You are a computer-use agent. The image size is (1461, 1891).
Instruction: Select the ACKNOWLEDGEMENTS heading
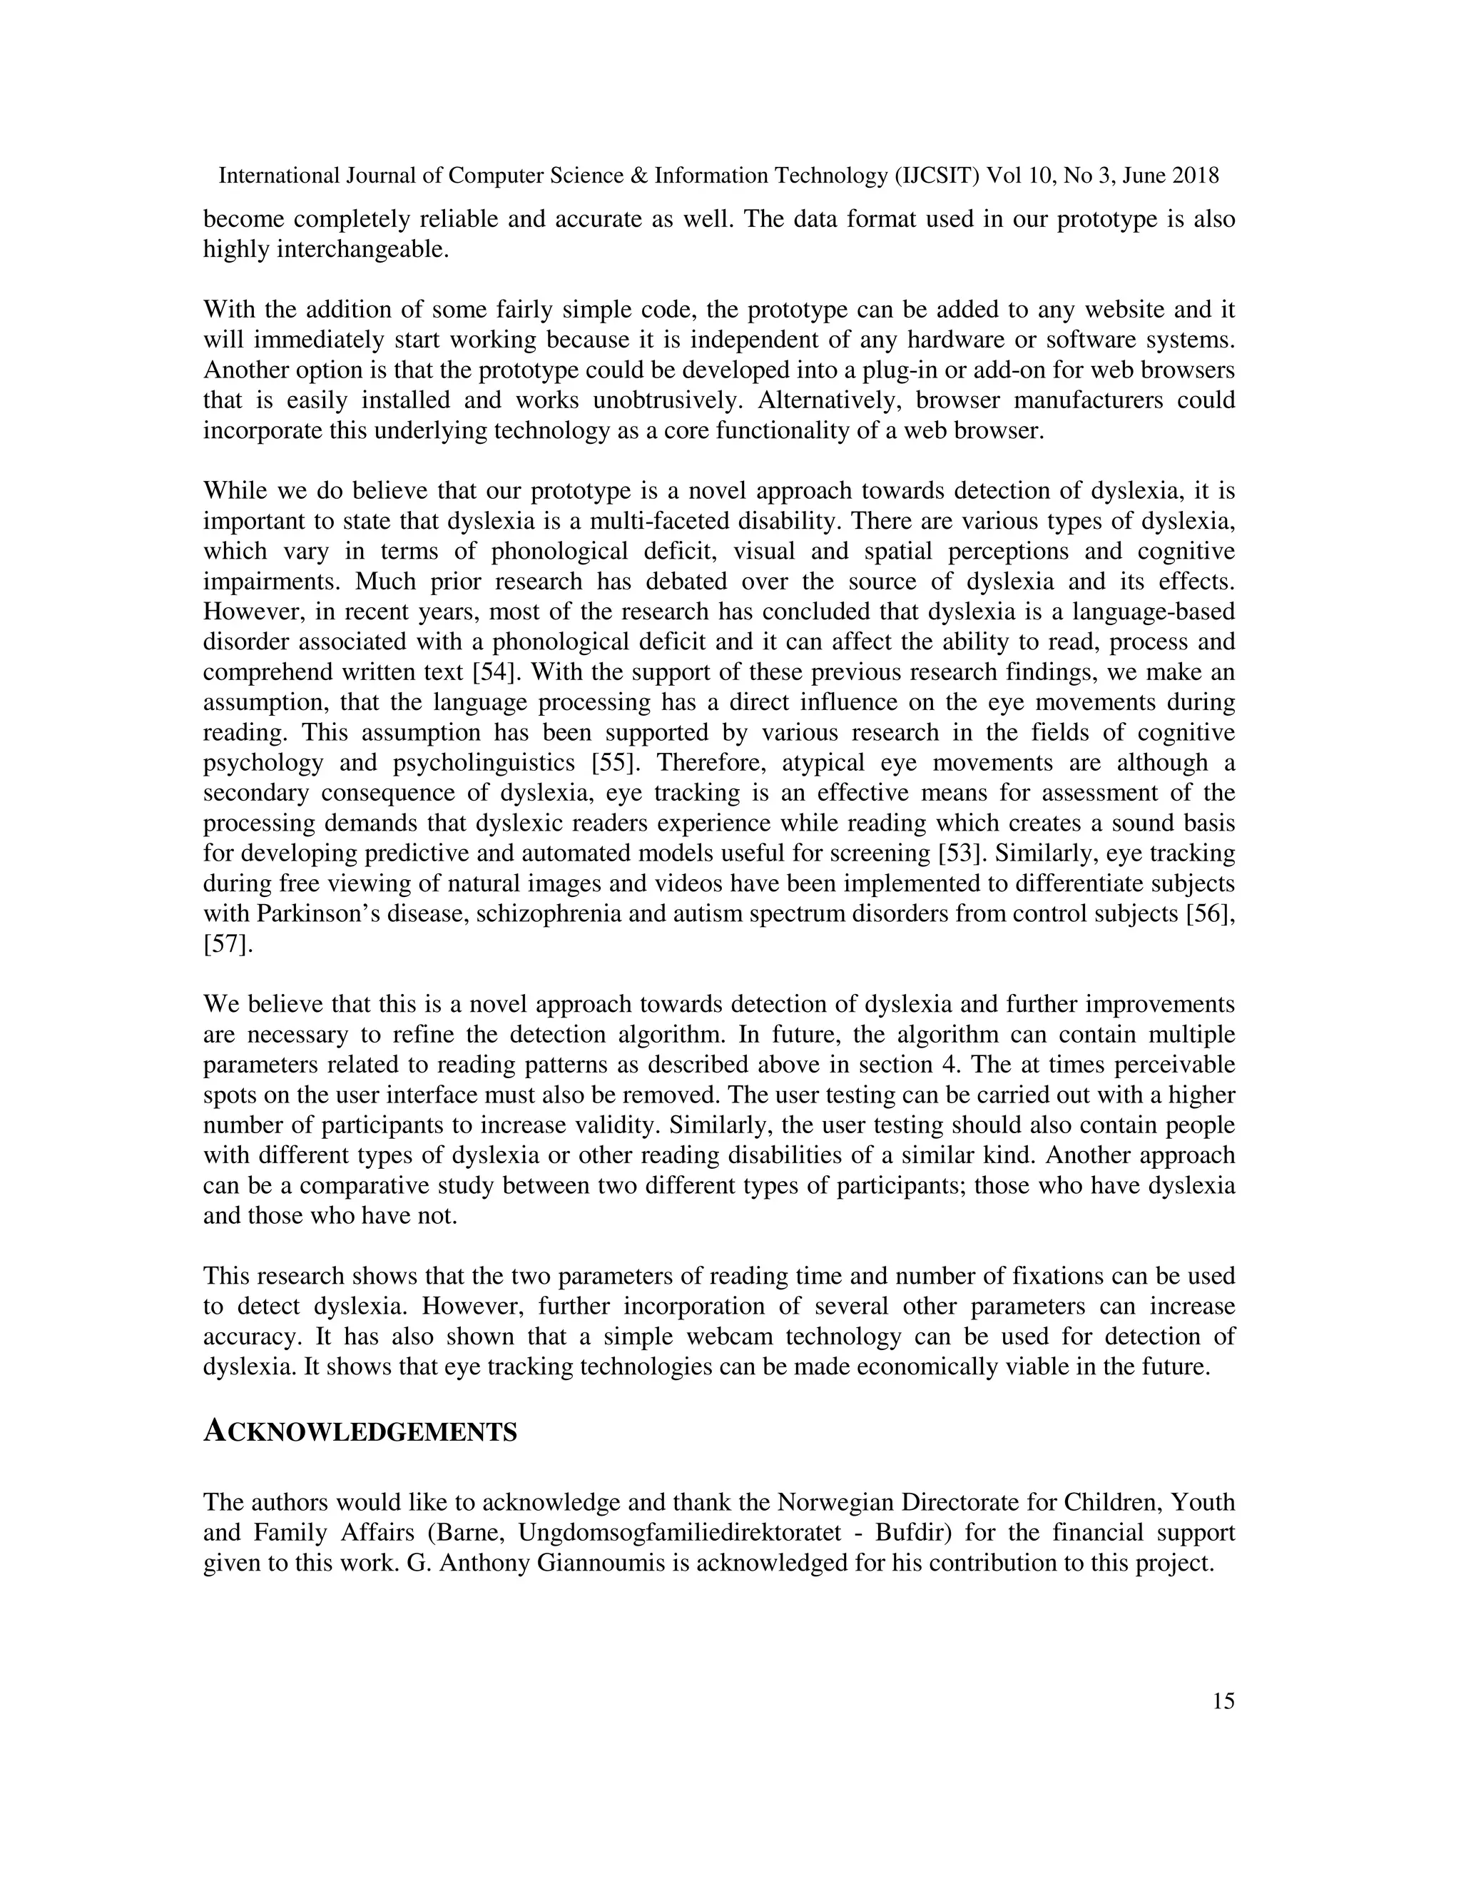coord(360,1433)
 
